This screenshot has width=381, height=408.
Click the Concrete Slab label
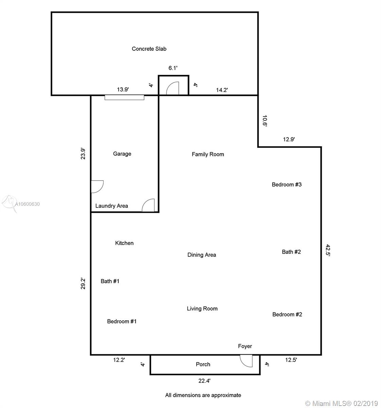click(149, 49)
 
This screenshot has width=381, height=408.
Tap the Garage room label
click(122, 154)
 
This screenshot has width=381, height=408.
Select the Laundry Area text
click(111, 206)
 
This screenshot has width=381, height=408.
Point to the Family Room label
click(208, 154)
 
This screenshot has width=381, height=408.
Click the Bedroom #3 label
click(287, 185)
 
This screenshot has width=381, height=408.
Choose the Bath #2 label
click(291, 252)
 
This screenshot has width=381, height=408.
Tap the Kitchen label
click(124, 243)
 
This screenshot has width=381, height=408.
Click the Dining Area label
click(202, 255)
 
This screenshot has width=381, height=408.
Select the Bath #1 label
click(110, 281)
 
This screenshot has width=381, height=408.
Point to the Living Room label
click(202, 308)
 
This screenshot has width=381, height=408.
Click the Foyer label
click(245, 346)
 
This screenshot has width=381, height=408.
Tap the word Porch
click(203, 364)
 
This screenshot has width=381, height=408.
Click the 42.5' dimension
click(328, 250)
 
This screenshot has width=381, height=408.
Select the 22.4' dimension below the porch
click(204, 381)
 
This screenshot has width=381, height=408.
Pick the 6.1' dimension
click(173, 68)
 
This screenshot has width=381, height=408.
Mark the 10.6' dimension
click(265, 121)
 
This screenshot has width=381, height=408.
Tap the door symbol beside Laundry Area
click(148, 205)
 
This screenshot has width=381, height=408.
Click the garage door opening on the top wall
click(124, 97)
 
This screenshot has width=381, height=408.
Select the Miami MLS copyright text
click(341, 403)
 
